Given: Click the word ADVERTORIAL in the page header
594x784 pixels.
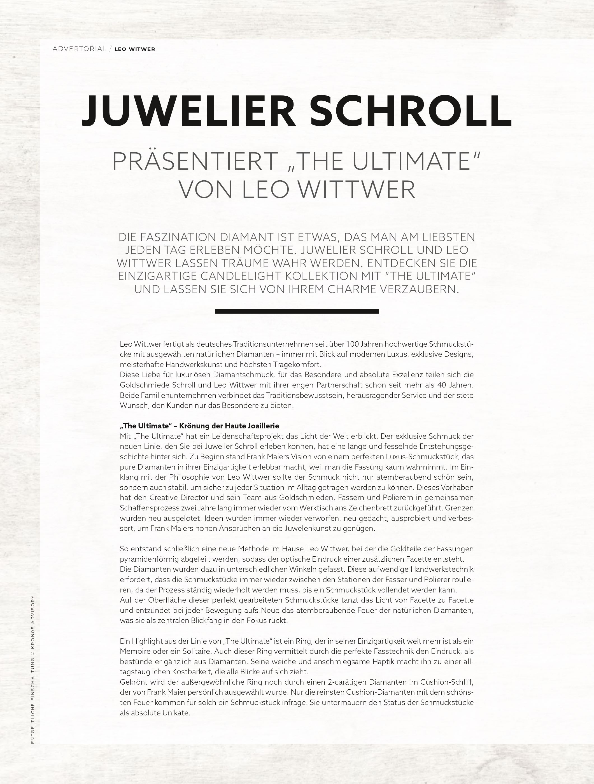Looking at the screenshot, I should click(x=79, y=49).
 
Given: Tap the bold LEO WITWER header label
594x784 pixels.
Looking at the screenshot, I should click(x=135, y=49).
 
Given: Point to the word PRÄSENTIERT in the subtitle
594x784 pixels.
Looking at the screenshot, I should click(x=194, y=162).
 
